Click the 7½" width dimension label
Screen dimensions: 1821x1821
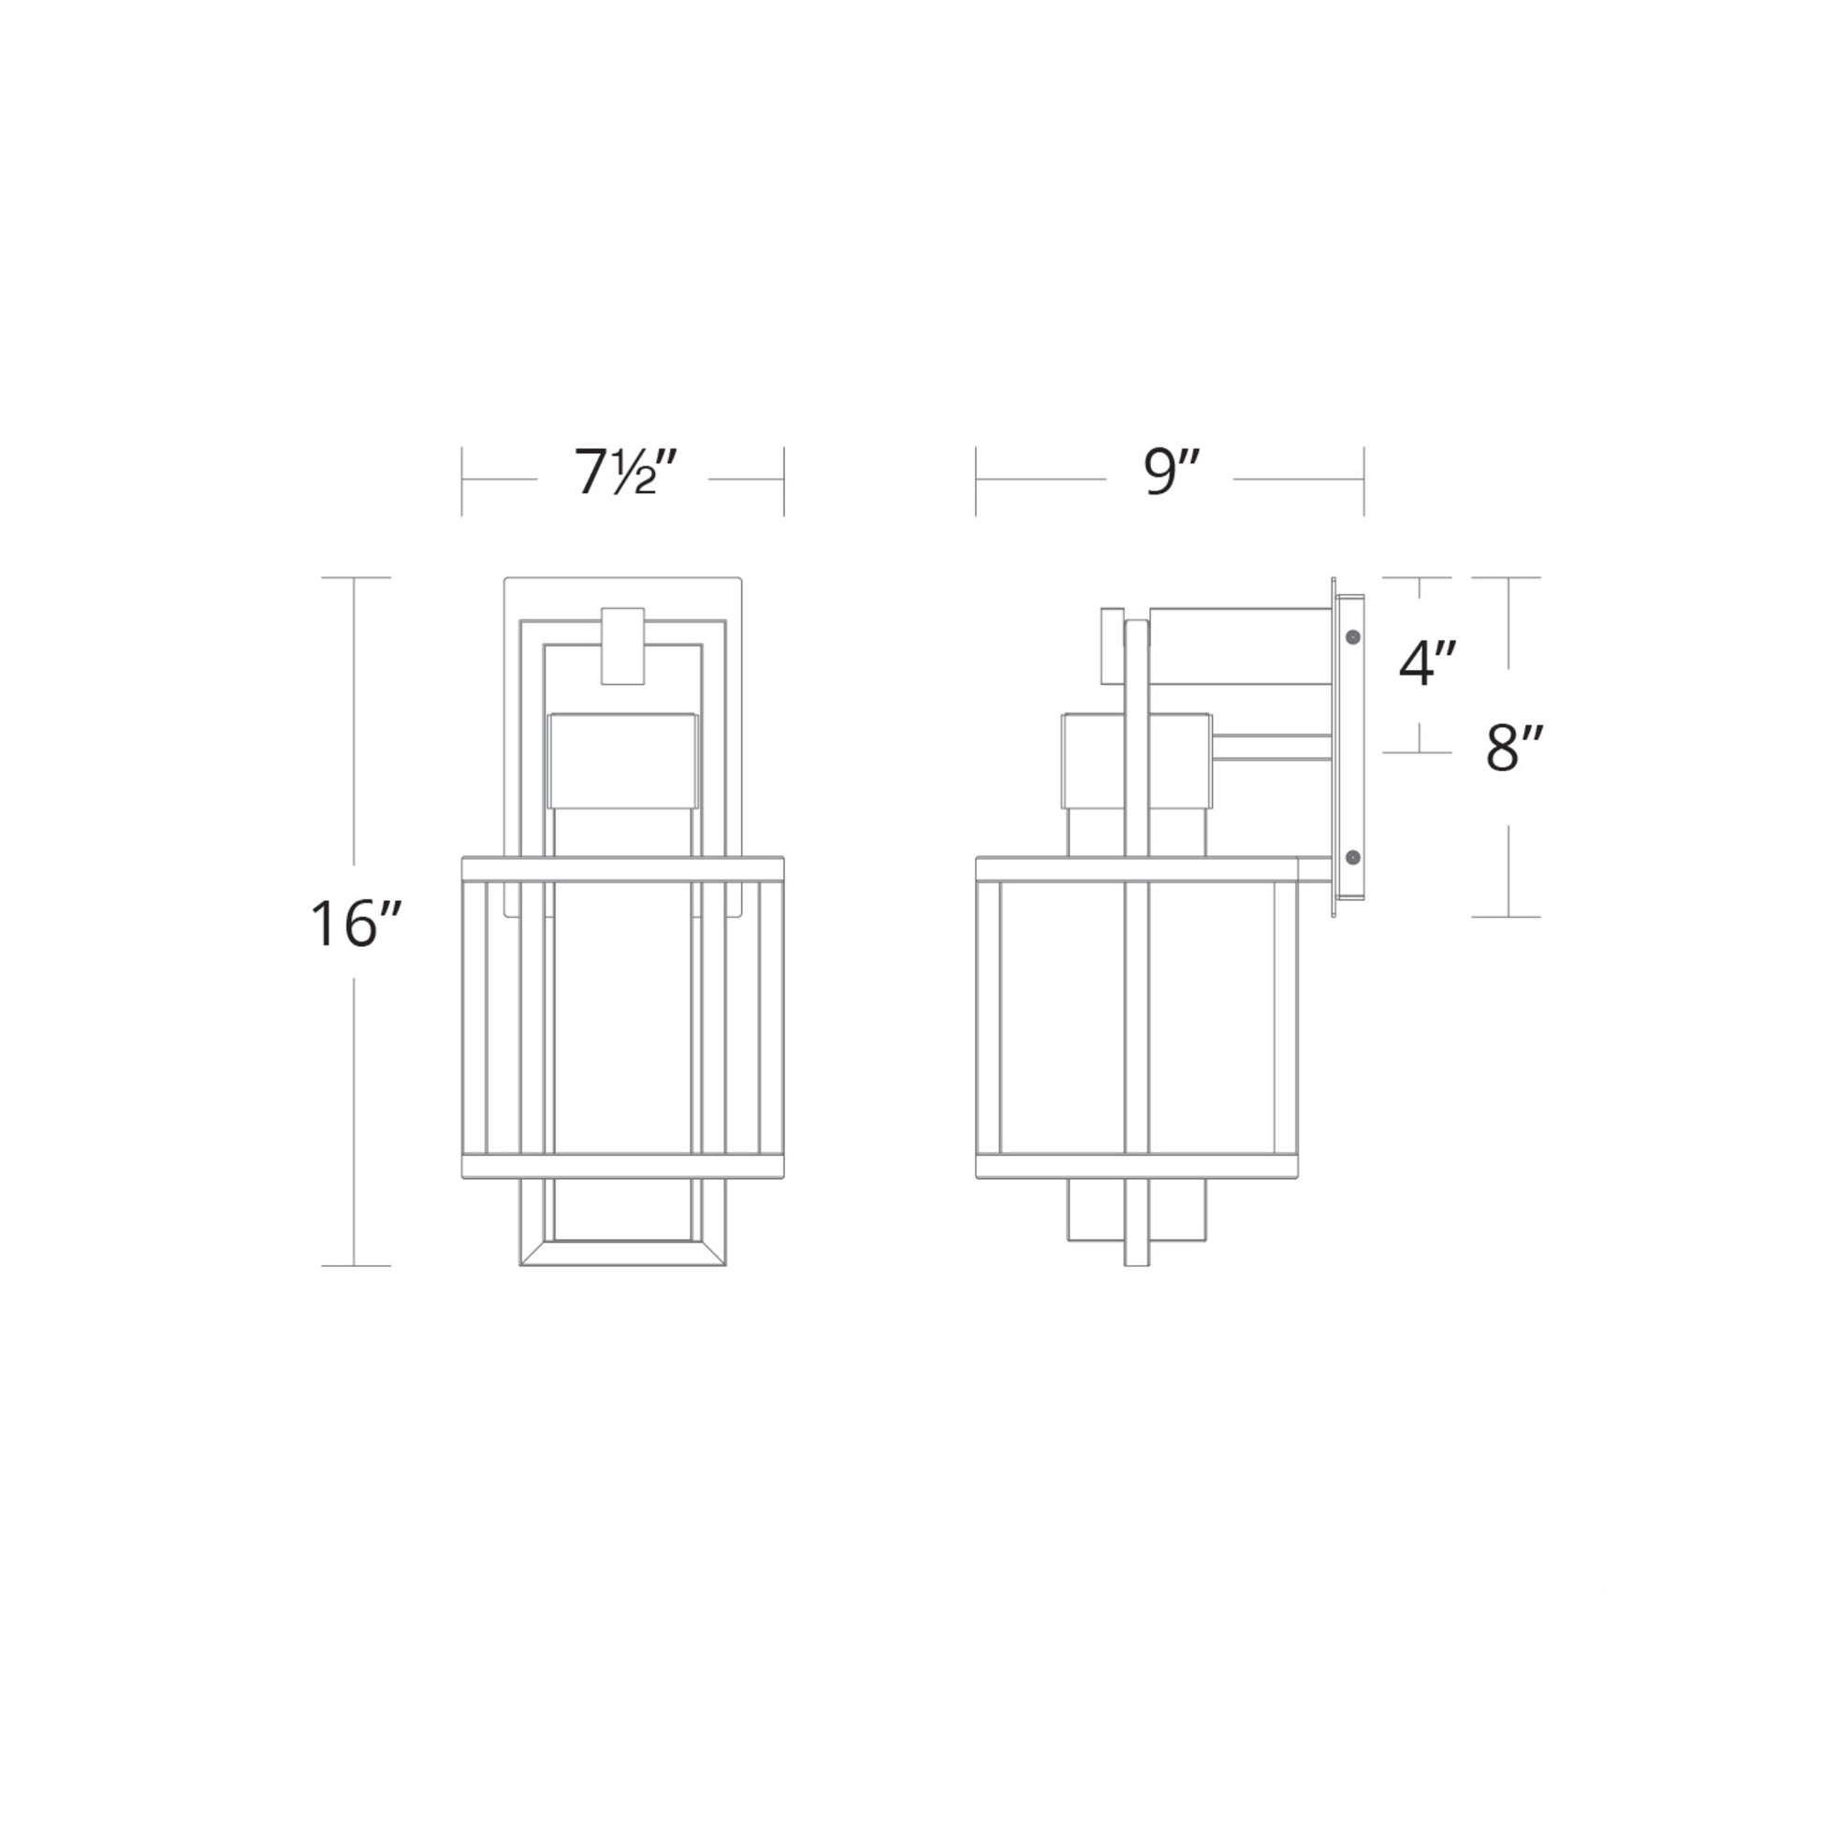pyautogui.click(x=626, y=473)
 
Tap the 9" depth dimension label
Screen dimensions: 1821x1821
pyautogui.click(x=1172, y=472)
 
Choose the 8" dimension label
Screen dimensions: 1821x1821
pyautogui.click(x=1515, y=749)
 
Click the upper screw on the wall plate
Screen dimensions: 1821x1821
pyautogui.click(x=1353, y=638)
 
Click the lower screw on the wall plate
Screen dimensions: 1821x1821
pyautogui.click(x=1353, y=857)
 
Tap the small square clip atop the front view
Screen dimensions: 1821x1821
pyautogui.click(x=623, y=646)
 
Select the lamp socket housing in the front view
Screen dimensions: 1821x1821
pyautogui.click(x=623, y=761)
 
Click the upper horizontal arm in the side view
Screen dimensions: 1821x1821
pyautogui.click(x=1241, y=647)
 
